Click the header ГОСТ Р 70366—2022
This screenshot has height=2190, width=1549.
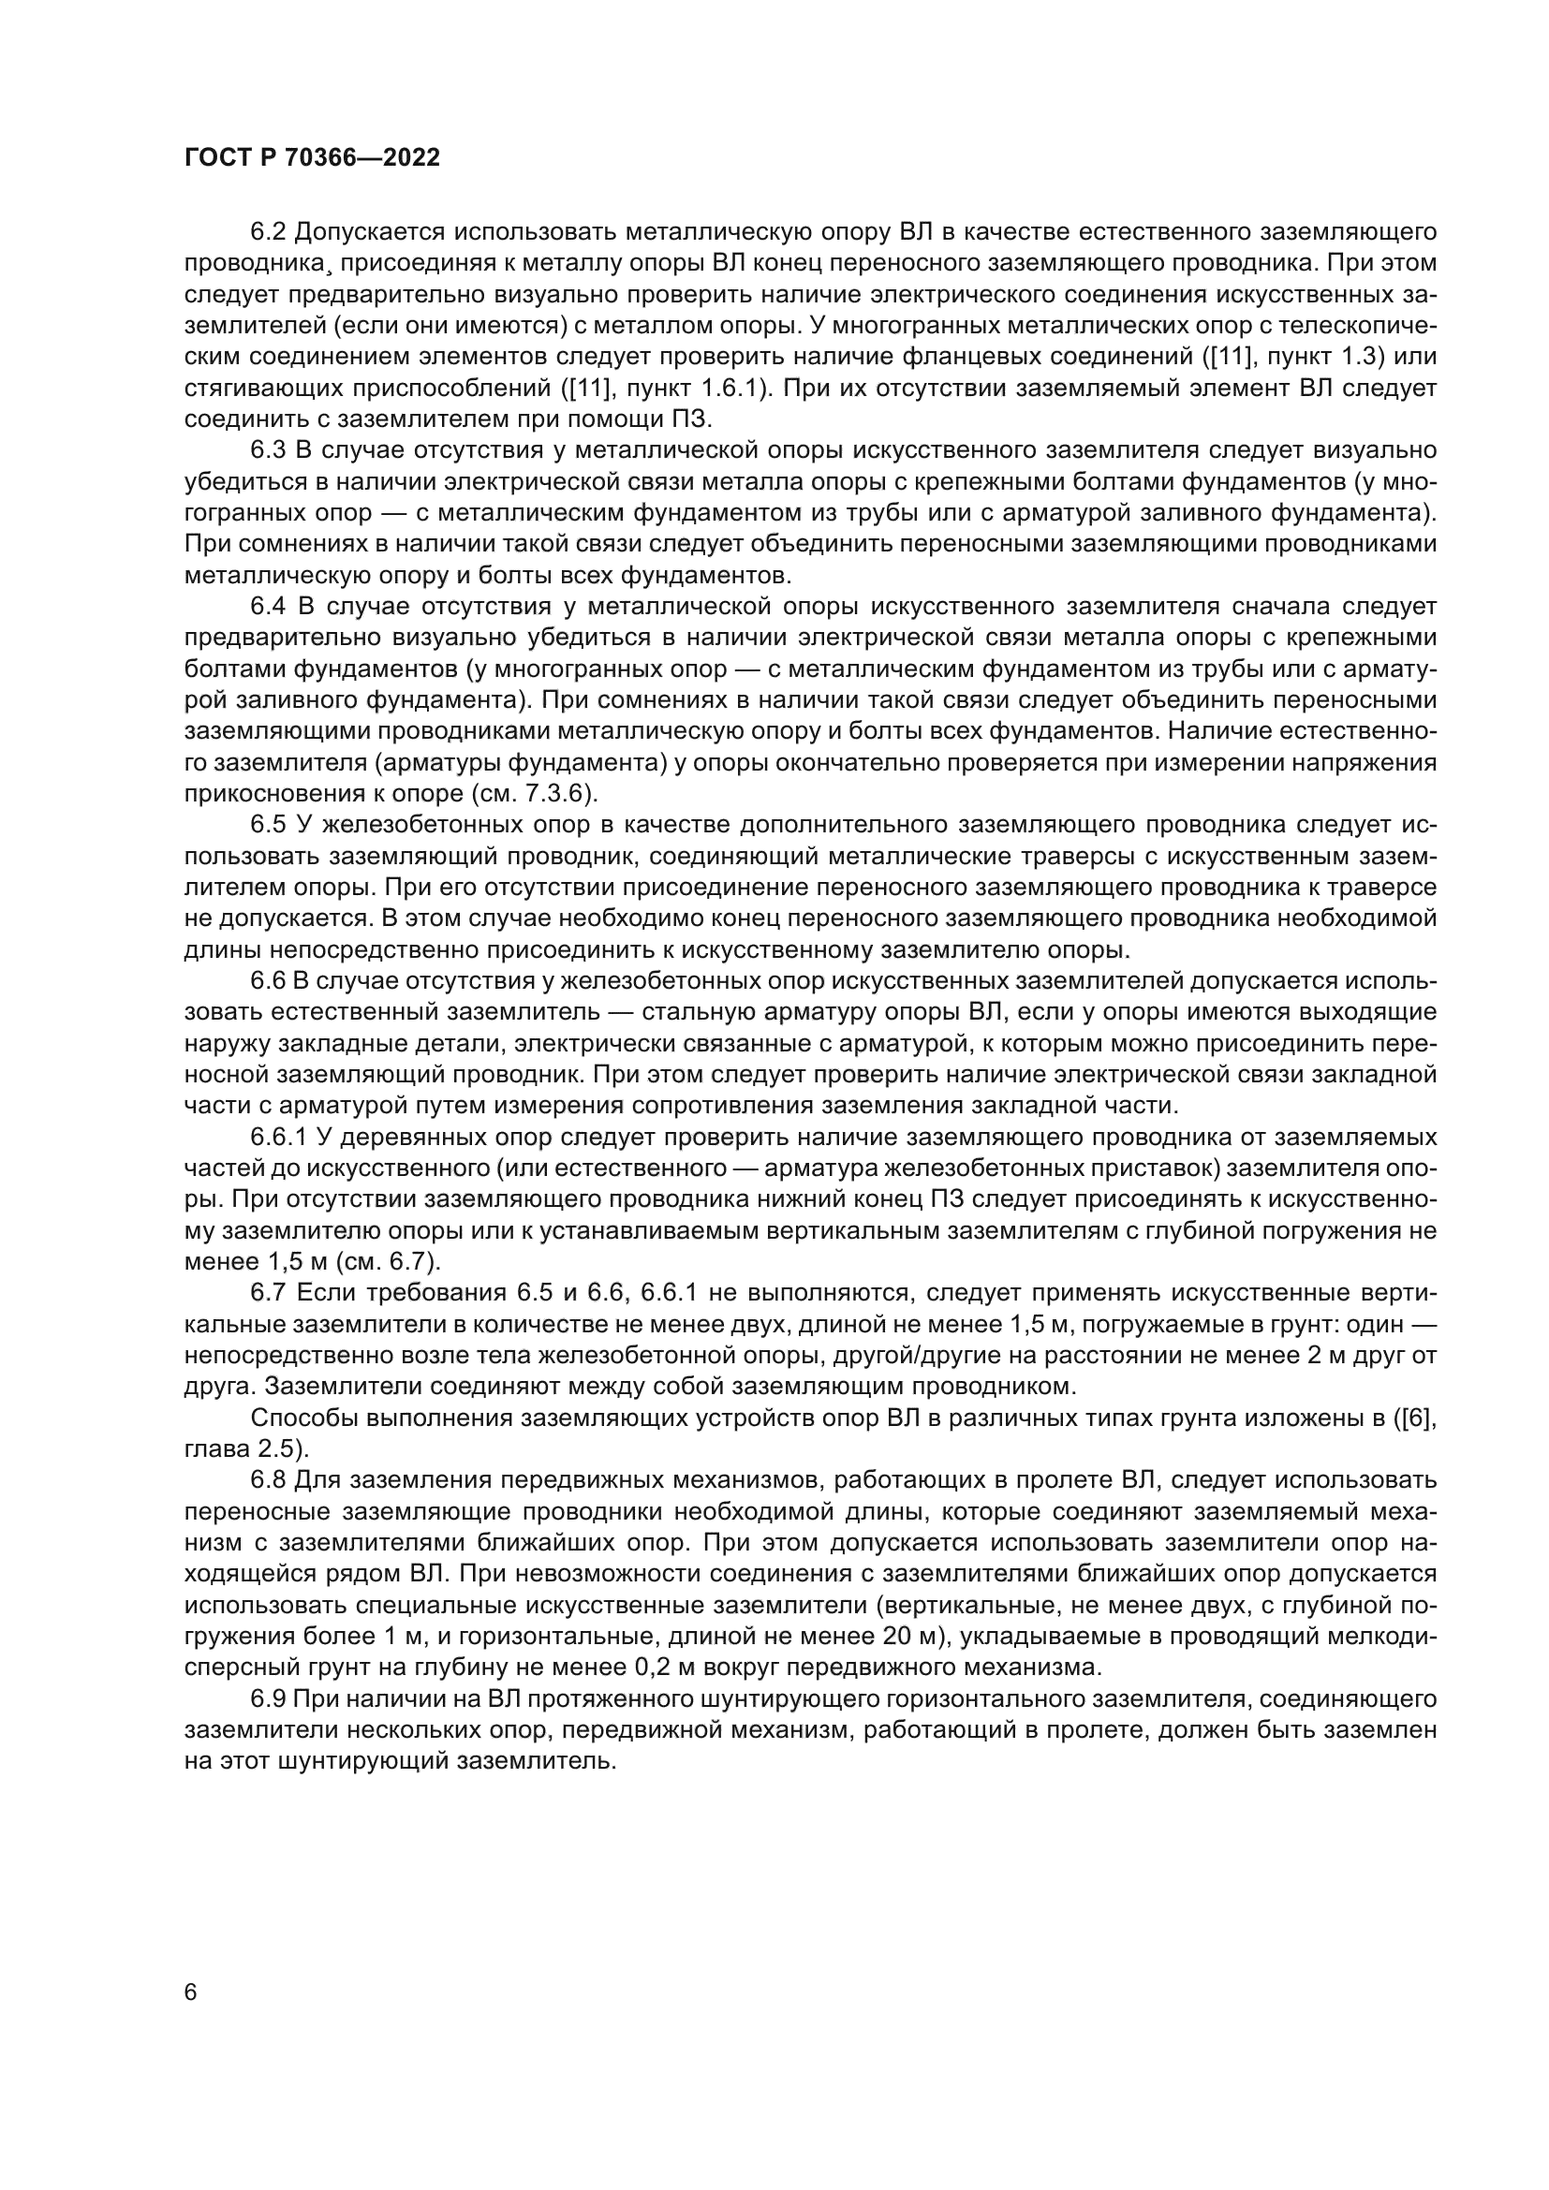click(312, 158)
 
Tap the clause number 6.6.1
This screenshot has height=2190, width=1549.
click(277, 1138)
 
